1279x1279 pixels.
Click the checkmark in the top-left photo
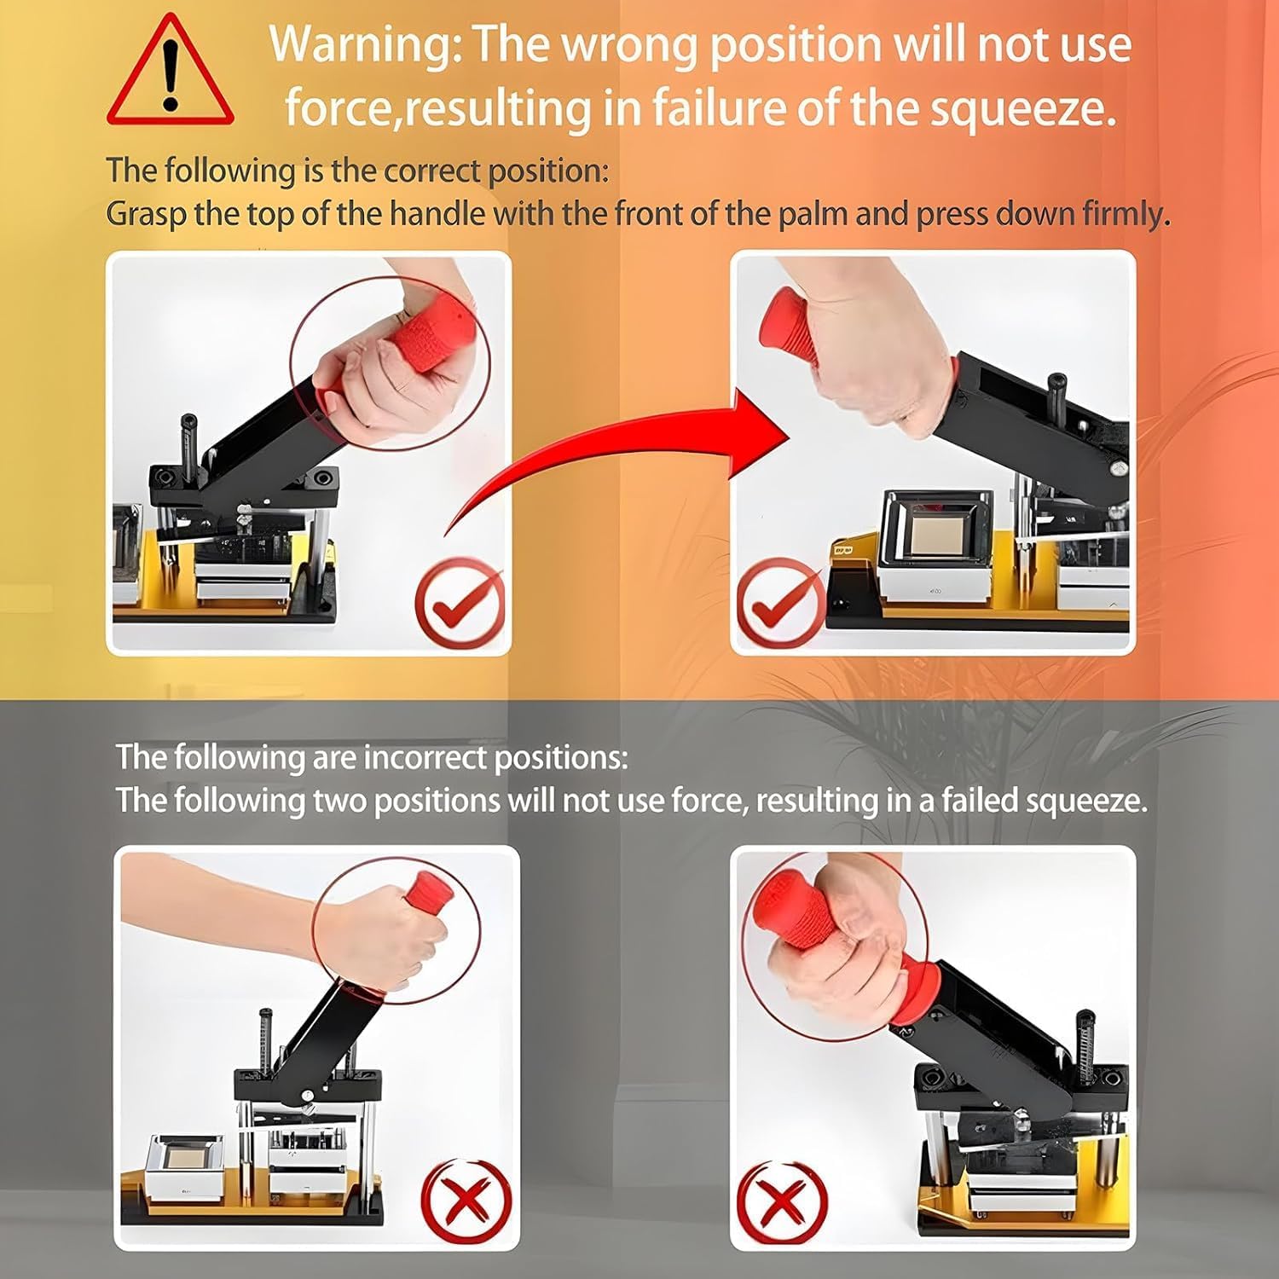pos(460,601)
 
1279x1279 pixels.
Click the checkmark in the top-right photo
pos(778,601)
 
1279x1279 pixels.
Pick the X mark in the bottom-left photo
pos(466,1201)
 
